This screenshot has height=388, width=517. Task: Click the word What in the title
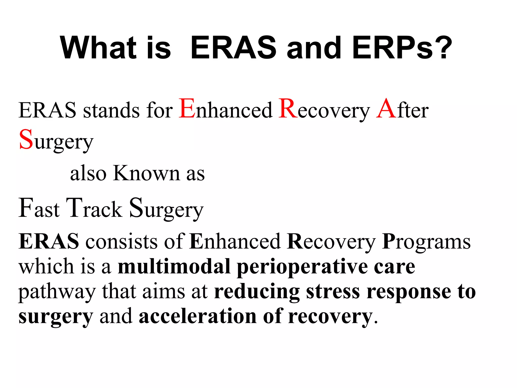point(98,48)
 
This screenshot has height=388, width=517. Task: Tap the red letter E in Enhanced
point(187,109)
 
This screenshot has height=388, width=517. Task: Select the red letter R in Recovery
point(288,109)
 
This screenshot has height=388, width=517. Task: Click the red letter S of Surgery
point(26,140)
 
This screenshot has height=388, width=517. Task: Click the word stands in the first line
point(111,111)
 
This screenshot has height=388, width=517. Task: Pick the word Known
point(146,173)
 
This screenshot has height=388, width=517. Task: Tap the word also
point(88,173)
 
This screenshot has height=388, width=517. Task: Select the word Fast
point(39,208)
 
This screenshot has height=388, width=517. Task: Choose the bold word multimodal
point(174,266)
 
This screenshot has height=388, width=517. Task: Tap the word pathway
point(57,293)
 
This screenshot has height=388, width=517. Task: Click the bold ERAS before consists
point(48,241)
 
